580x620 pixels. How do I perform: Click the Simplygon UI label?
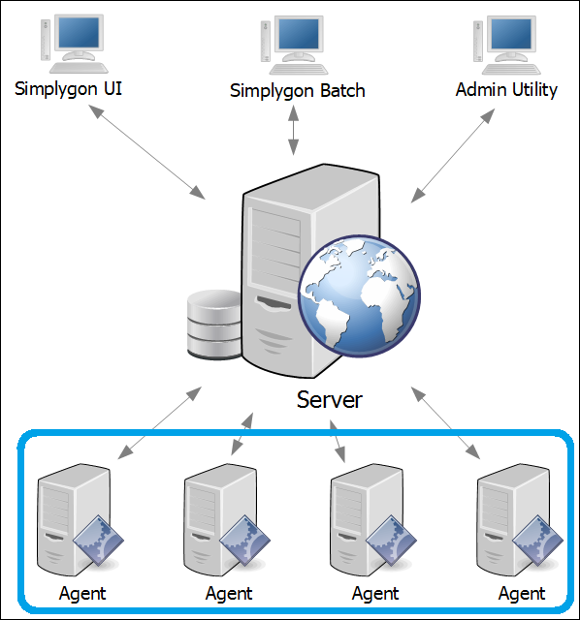click(x=68, y=89)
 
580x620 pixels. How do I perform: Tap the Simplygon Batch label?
click(x=298, y=91)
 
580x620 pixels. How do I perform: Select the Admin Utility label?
click(x=506, y=90)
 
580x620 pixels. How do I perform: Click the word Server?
click(x=330, y=400)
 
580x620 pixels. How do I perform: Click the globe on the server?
click(x=359, y=296)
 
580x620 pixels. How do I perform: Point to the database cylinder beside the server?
click(x=214, y=325)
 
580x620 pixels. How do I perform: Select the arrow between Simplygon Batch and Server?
click(x=293, y=131)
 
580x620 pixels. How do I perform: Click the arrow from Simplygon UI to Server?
click(x=146, y=152)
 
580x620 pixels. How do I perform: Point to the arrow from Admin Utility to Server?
click(x=453, y=156)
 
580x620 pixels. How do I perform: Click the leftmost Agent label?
click(x=82, y=594)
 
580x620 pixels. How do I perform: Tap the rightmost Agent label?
click(x=522, y=594)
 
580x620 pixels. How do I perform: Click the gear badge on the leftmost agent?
click(x=98, y=541)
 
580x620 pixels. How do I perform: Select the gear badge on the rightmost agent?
click(x=537, y=541)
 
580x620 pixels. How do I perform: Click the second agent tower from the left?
click(x=220, y=520)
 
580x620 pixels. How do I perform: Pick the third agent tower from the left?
click(x=367, y=520)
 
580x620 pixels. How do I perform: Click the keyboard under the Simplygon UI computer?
click(x=79, y=68)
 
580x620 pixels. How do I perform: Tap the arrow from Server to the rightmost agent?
click(x=446, y=423)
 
